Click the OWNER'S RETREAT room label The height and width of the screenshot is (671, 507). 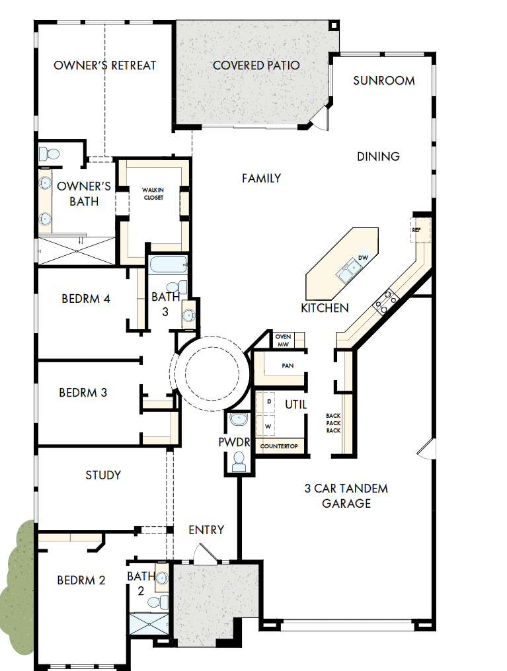tap(105, 65)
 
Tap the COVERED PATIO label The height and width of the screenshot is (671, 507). tap(256, 65)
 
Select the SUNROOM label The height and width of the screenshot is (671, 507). tap(384, 81)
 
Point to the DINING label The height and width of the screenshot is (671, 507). tap(379, 157)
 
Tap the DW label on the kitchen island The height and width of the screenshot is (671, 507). tap(362, 257)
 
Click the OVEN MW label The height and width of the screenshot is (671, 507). tap(283, 340)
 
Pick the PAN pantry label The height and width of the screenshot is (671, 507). tap(288, 365)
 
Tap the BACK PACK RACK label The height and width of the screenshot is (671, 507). tap(334, 423)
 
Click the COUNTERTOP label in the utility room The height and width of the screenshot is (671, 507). tap(279, 446)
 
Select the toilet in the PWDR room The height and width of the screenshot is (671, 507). tap(238, 464)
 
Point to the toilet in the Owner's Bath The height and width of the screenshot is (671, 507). tap(48, 155)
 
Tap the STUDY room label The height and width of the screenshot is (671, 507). tap(103, 475)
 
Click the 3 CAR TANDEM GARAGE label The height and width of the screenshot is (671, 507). tap(346, 496)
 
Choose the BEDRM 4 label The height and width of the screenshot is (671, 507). tap(86, 299)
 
